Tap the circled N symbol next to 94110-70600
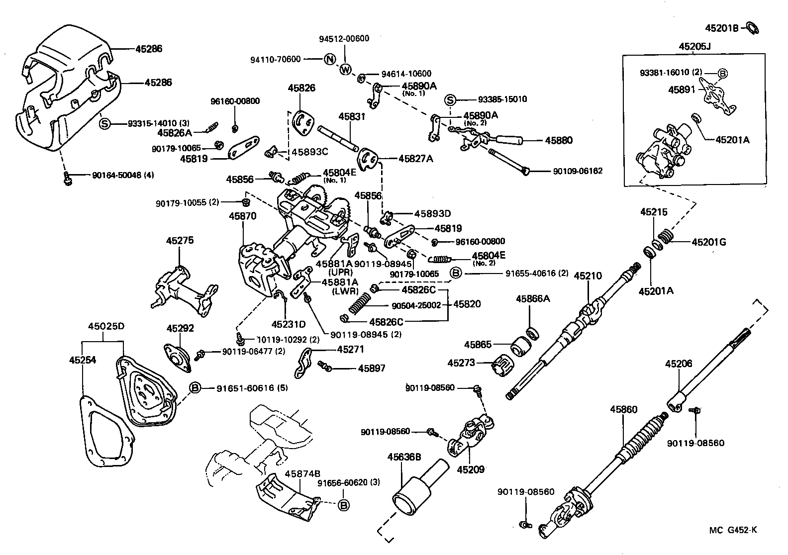tap(330, 59)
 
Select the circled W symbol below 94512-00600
tap(345, 70)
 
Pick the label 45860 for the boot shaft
tap(623, 410)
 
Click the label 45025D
tap(106, 327)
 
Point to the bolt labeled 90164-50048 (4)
tap(68, 178)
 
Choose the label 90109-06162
tap(578, 171)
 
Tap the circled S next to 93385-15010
tap(450, 100)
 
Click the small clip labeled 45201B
tap(752, 28)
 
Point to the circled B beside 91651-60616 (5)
tap(195, 388)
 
